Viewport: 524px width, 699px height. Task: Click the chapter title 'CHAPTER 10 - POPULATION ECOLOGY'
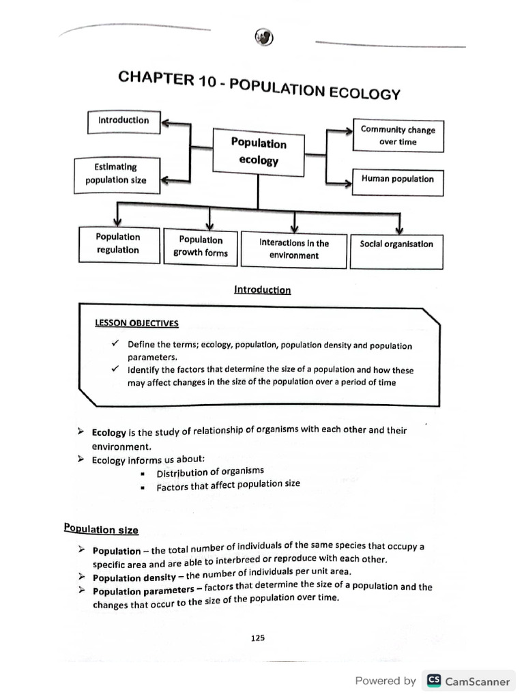259,85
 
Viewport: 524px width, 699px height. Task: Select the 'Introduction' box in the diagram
123,121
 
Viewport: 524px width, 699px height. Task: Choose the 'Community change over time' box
398,135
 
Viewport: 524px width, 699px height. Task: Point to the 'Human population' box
398,180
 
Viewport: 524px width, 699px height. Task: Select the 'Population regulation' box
118,244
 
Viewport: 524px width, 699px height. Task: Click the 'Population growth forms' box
201,246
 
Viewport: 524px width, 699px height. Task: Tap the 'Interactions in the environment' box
293,249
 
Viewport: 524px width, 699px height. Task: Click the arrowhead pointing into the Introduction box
167,124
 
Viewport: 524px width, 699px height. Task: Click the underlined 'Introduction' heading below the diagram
262,290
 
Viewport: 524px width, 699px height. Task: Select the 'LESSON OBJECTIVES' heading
137,322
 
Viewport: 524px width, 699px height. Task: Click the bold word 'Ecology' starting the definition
109,433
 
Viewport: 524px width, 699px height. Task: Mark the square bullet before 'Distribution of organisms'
143,474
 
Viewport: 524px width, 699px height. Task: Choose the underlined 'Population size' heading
101,529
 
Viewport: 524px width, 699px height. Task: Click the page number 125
257,638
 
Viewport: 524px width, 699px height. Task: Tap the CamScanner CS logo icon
433,681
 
